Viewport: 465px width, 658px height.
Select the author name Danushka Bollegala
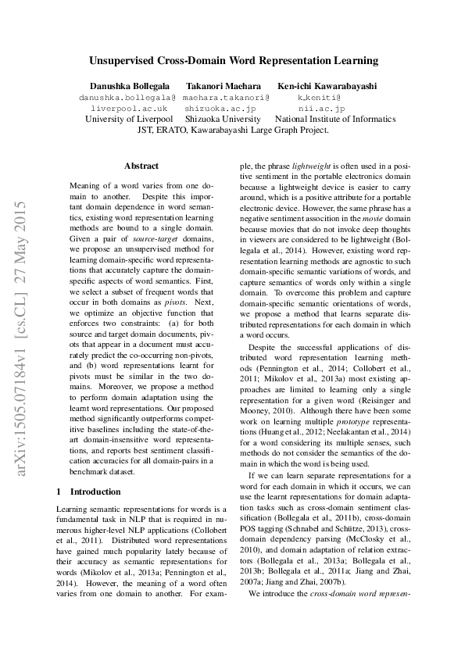(127, 85)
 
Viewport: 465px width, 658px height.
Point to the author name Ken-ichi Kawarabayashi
(327, 85)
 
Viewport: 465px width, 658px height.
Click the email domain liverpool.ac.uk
(128, 109)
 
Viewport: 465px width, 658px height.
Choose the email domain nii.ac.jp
(320, 109)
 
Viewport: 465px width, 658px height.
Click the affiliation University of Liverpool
(129, 120)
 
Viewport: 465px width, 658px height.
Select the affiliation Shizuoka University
(224, 120)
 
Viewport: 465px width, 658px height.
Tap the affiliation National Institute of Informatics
(335, 120)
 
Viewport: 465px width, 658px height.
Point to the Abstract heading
(141, 166)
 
